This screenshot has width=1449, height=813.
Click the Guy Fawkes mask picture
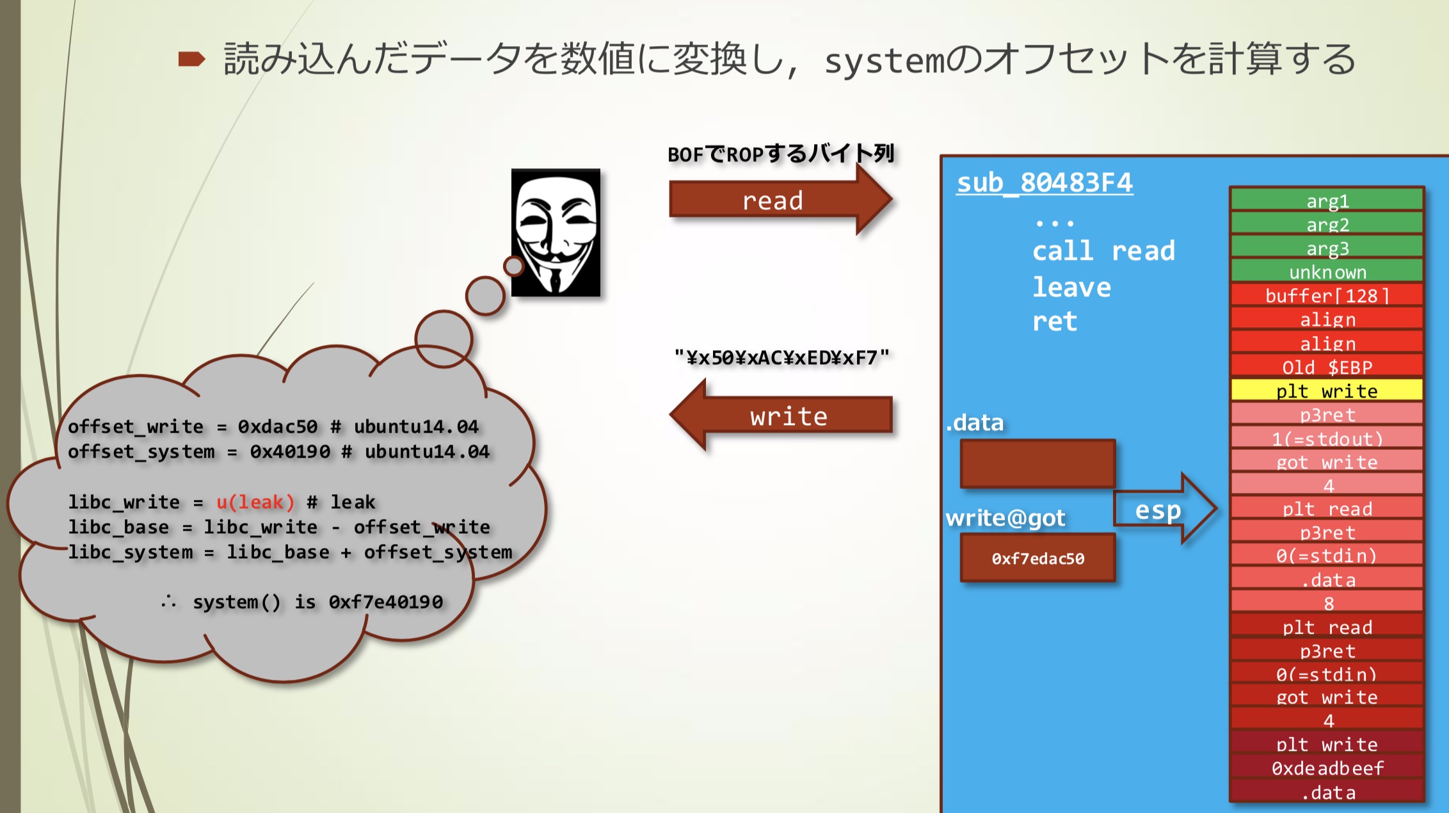[556, 232]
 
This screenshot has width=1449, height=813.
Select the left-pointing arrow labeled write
[784, 417]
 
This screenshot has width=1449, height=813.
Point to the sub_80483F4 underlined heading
[1045, 183]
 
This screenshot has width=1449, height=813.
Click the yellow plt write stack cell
[1327, 390]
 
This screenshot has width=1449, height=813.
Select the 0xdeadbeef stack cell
[1327, 768]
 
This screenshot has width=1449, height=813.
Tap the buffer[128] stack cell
[1327, 296]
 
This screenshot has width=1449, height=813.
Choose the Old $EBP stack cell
[1327, 367]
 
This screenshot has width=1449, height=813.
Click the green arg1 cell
[1327, 201]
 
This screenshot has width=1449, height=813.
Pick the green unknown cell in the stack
[1327, 272]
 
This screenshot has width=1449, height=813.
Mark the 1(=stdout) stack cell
[1327, 439]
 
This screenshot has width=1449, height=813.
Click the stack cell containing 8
[1327, 603]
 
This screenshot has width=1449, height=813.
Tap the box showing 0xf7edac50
[1037, 558]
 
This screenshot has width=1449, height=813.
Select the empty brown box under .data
[1037, 463]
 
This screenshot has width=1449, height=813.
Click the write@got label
[1005, 518]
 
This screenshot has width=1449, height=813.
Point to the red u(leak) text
[255, 502]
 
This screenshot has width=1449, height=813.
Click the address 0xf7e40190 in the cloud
[385, 602]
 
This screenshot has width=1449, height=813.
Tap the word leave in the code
[1071, 287]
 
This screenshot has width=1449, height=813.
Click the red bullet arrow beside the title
[191, 60]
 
